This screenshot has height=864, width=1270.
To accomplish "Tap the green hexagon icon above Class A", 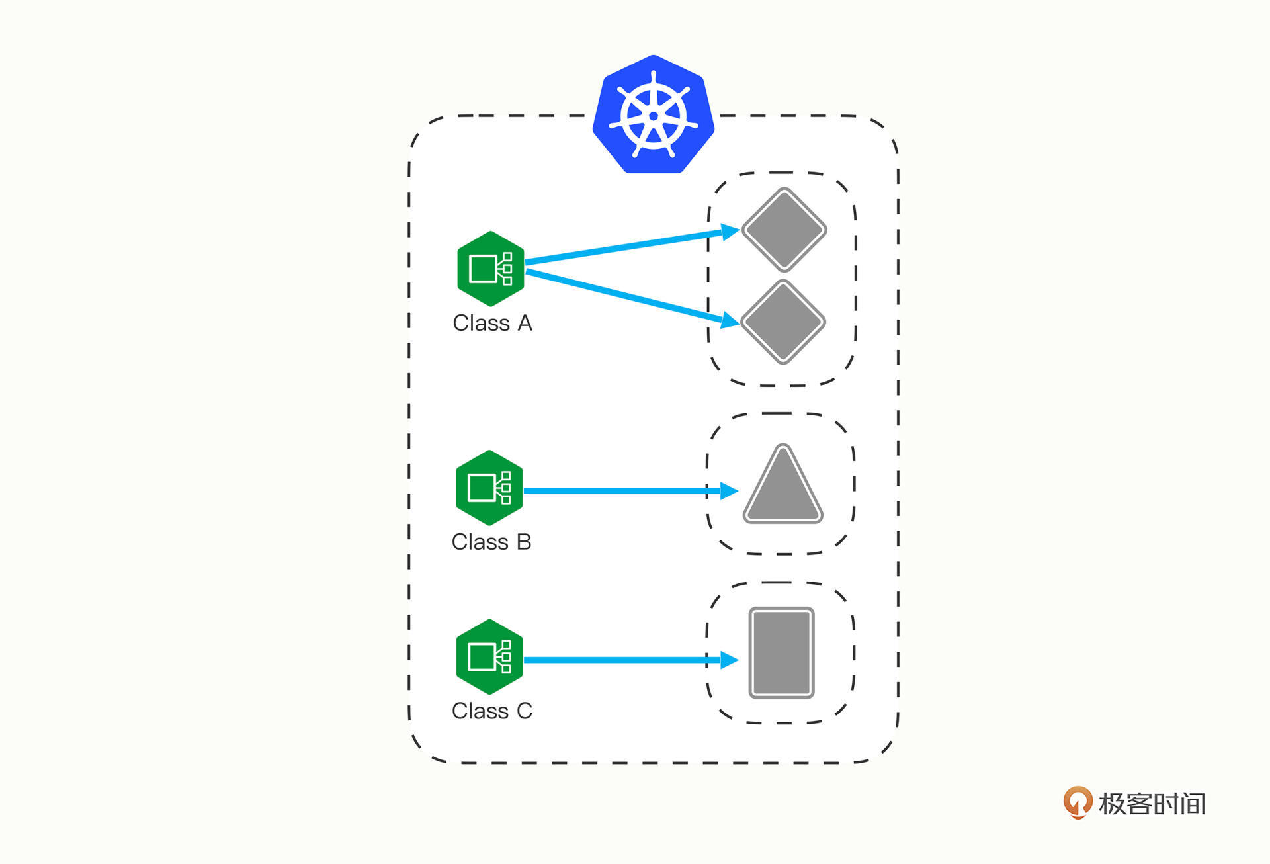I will [x=490, y=269].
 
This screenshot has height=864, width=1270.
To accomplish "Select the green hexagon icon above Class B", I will [x=489, y=488].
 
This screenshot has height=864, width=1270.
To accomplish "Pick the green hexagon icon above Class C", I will [x=489, y=656].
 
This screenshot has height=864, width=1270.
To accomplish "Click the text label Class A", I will [x=492, y=323].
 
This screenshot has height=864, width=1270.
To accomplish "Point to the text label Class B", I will [x=491, y=542].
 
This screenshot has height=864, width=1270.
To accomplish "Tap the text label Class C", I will [x=491, y=711].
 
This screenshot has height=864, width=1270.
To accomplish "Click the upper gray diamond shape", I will [x=784, y=230].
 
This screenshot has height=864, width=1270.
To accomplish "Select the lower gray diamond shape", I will [x=783, y=322].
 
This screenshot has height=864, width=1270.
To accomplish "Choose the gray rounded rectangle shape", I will [x=781, y=653].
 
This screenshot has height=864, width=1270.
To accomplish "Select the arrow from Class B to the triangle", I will [x=622, y=491].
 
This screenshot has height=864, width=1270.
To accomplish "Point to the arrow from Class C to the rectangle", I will [x=622, y=660].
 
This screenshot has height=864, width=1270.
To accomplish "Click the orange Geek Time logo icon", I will [x=1078, y=802].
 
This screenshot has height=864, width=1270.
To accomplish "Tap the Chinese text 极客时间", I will [x=1152, y=804].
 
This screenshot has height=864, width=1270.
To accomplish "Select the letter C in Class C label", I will [x=524, y=711].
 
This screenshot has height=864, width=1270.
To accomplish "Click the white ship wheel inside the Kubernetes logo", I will [x=653, y=116].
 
